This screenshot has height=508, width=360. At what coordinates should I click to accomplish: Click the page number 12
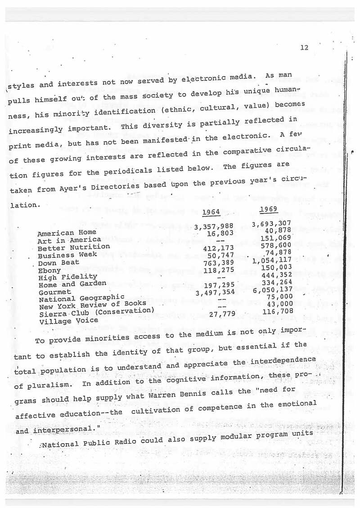pos(304,48)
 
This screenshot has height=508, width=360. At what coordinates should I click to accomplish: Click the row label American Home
pos(60,233)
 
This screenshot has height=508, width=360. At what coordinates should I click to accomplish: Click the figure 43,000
pos(280,304)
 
